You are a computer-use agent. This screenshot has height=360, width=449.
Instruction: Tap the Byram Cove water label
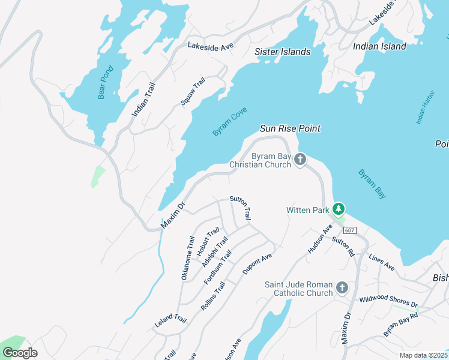point(230,122)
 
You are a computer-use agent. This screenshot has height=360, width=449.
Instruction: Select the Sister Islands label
point(282,52)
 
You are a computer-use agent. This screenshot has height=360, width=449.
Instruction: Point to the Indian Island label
point(379,46)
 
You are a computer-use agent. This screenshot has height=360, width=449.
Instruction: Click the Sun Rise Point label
point(290,128)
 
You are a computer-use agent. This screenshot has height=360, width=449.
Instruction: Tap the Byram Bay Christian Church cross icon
point(301,159)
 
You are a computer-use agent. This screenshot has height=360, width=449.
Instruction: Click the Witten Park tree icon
point(339,209)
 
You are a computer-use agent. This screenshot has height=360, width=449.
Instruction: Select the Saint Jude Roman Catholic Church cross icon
point(342,288)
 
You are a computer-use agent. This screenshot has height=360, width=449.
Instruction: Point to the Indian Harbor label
point(424,108)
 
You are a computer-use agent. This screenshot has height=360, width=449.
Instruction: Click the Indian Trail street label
point(143,99)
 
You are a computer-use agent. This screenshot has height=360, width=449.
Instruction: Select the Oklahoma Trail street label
point(188,259)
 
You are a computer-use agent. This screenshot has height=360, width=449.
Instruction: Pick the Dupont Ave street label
point(258,263)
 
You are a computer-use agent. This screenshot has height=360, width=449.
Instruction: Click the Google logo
point(20,353)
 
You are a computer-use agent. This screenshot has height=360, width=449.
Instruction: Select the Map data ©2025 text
point(423,355)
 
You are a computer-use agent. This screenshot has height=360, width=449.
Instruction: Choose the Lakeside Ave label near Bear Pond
point(209,46)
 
